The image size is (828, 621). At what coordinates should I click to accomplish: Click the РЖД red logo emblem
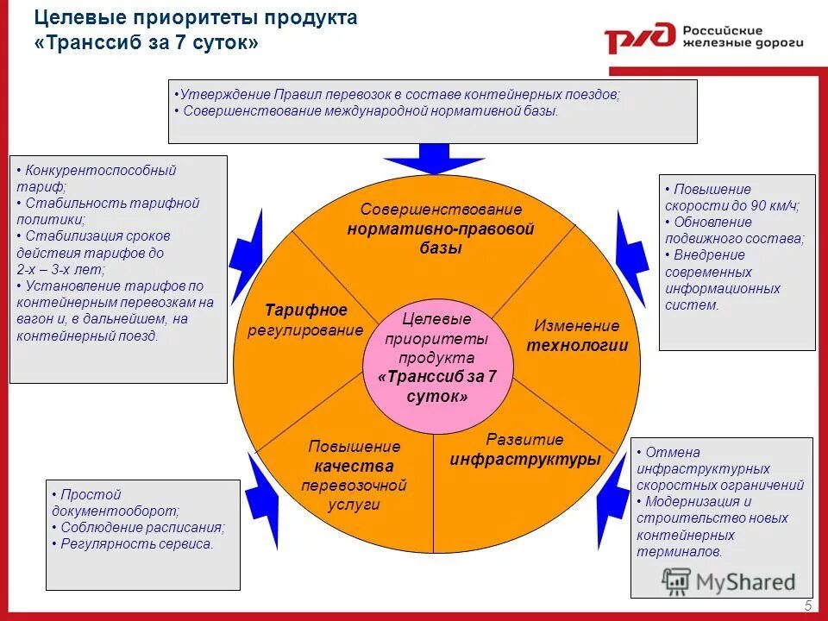pos(640,38)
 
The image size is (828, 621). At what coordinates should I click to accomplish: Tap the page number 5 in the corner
pos(808,605)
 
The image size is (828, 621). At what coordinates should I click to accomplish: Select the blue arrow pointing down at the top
pos(422,160)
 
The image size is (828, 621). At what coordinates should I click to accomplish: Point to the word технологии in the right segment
pos(577,346)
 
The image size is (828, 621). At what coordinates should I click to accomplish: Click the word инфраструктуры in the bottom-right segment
pos(524,459)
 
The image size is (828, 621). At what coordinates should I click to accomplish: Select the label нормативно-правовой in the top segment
pos(441,229)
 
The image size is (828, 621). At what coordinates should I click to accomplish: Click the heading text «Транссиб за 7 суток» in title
pos(147,42)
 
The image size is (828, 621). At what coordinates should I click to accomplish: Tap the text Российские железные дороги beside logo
pos(743,35)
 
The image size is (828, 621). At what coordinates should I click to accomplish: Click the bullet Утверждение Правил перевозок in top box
pos(397,95)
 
